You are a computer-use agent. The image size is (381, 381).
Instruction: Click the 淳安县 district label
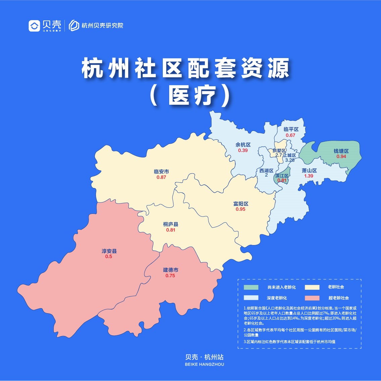point(109,251)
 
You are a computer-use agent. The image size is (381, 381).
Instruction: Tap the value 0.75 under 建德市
point(170,276)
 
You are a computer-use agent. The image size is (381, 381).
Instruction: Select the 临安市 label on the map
point(161,172)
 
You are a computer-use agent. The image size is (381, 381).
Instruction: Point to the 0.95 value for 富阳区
point(240,209)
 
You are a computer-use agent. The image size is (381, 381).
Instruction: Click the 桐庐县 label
point(171,224)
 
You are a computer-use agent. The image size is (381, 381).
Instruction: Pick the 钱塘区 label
point(341,151)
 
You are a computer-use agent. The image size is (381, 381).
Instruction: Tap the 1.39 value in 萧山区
point(308,176)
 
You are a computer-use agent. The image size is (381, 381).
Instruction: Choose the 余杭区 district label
point(243,145)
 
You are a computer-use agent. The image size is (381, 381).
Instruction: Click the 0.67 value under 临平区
point(290,135)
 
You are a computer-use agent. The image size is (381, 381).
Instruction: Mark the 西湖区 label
point(266,171)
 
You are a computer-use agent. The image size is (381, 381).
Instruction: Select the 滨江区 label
point(282,176)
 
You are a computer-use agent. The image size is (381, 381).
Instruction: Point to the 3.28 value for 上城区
point(290,160)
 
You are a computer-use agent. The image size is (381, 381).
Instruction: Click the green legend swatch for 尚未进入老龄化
point(251,287)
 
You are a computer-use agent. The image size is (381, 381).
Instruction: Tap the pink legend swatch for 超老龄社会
point(312,298)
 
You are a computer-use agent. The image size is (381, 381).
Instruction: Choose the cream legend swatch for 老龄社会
point(312,287)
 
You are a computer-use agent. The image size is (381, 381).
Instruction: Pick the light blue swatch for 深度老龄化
point(251,298)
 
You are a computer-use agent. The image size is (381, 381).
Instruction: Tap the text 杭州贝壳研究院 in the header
point(102,26)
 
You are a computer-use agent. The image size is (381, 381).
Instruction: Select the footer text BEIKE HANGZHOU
point(204,364)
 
